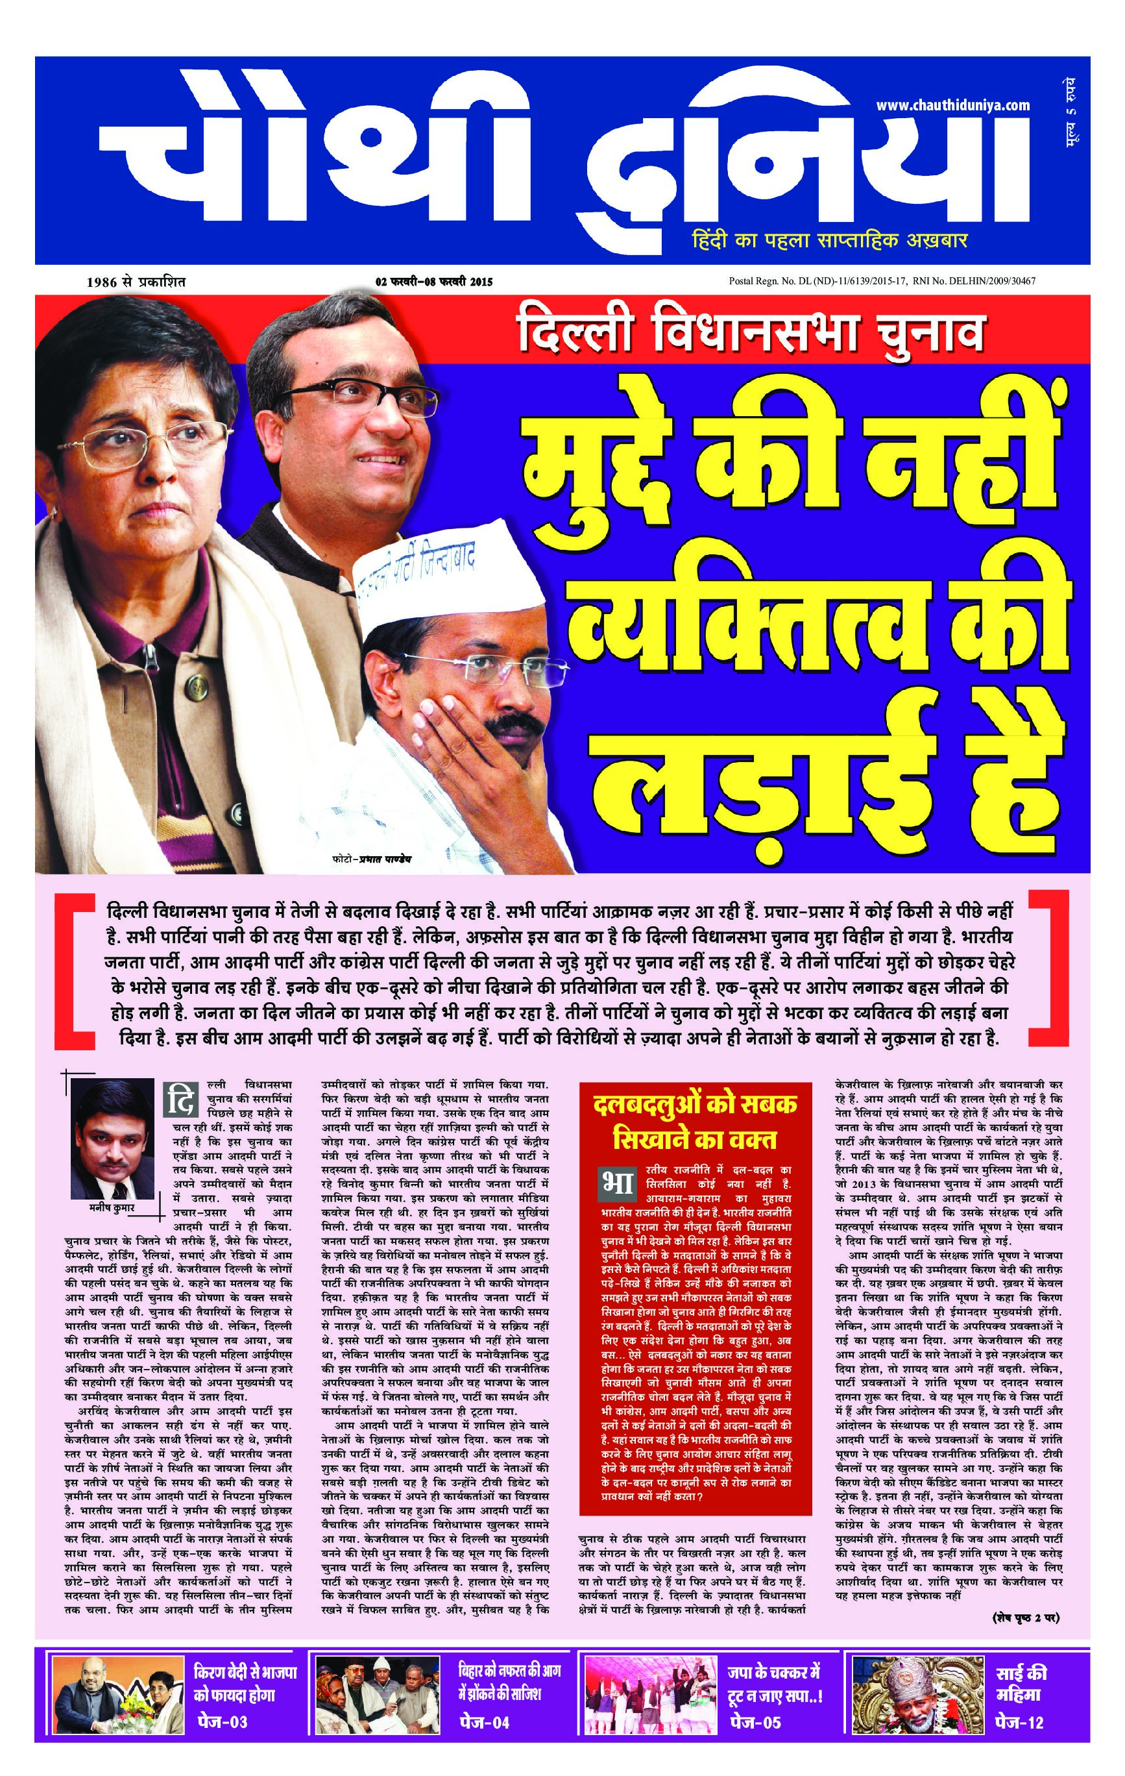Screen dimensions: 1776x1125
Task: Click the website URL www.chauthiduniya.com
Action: pos(952,105)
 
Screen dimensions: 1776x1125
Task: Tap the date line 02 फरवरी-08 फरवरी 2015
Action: pos(433,281)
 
